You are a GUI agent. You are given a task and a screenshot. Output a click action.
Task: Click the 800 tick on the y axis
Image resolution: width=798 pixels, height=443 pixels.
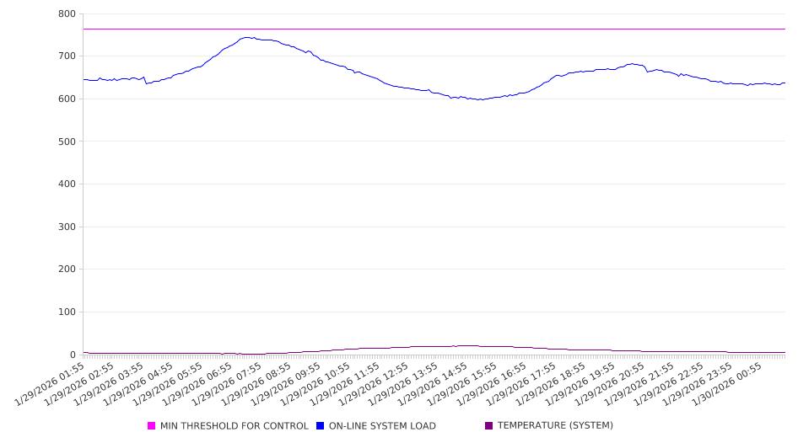click(x=67, y=14)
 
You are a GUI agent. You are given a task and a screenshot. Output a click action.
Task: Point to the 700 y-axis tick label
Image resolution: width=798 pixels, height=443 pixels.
click(x=67, y=56)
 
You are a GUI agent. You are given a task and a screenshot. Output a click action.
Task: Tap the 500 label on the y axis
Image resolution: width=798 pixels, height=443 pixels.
click(x=67, y=141)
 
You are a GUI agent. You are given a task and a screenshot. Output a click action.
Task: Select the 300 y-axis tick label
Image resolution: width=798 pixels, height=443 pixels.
click(x=67, y=227)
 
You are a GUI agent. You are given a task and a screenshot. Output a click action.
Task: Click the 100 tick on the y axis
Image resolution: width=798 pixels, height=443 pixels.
click(x=67, y=312)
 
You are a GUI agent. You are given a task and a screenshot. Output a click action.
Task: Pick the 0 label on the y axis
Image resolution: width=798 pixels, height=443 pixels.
click(x=73, y=355)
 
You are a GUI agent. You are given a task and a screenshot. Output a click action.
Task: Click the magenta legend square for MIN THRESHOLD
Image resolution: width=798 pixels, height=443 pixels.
click(x=152, y=426)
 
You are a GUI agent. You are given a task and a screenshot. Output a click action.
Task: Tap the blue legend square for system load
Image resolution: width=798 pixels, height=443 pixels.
click(x=321, y=426)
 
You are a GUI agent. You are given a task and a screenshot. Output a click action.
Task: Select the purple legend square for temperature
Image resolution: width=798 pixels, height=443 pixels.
click(x=489, y=426)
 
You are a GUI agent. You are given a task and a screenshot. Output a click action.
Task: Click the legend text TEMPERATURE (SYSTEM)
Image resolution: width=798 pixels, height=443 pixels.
click(x=555, y=426)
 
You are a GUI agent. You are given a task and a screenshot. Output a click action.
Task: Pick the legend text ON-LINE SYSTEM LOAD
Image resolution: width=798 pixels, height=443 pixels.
click(x=382, y=426)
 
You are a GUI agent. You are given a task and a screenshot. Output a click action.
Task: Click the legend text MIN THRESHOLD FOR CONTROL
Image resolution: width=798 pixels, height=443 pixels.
click(x=235, y=426)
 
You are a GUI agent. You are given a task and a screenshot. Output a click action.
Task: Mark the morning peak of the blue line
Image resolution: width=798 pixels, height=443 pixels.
click(x=247, y=37)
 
